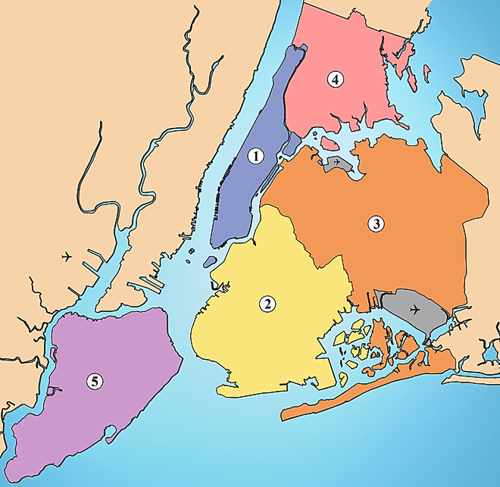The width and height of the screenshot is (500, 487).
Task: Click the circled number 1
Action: pyautogui.click(x=256, y=156)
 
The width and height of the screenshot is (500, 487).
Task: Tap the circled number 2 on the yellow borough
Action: pyautogui.click(x=267, y=304)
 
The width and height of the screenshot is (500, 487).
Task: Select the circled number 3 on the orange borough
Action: pyautogui.click(x=375, y=223)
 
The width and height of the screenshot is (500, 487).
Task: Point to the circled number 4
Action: pyautogui.click(x=333, y=79)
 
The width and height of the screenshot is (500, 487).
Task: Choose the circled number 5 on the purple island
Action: pyautogui.click(x=93, y=382)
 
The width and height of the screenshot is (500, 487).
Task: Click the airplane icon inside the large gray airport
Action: pyautogui.click(x=414, y=309)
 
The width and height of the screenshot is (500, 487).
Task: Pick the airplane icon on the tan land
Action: pyautogui.click(x=68, y=257)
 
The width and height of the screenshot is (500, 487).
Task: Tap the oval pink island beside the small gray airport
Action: pyautogui.click(x=328, y=142)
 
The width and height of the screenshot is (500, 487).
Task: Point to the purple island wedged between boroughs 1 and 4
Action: pyautogui.click(x=291, y=143)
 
